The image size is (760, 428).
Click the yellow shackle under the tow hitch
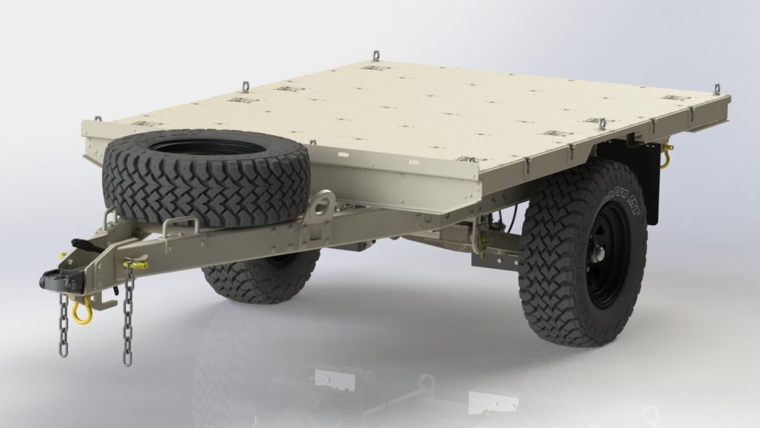tap(80, 312)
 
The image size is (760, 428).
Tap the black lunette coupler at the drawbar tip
tap(53, 279)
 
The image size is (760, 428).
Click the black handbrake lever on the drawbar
tap(85, 243)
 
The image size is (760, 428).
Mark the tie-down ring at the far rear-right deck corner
tap(716, 89)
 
